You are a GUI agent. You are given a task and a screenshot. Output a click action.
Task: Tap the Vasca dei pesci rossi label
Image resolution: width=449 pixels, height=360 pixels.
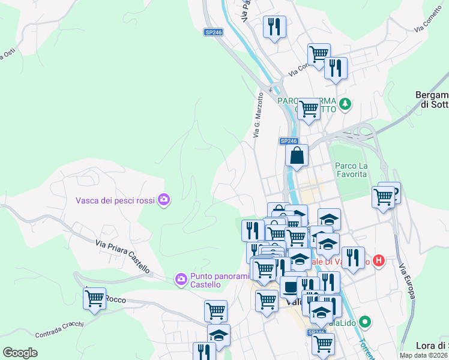click(116, 200)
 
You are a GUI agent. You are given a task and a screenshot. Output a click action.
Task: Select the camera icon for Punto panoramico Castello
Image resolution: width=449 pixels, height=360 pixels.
click(181, 279)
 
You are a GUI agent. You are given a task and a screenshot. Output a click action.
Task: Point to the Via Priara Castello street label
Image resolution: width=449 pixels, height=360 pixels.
click(122, 256)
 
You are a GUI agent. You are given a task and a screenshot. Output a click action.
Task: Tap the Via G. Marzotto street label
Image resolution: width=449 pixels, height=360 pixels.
click(259, 115)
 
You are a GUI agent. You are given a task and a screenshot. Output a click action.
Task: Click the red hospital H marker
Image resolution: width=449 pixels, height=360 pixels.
click(378, 260)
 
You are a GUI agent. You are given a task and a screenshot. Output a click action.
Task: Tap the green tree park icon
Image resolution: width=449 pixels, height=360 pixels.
click(345, 104)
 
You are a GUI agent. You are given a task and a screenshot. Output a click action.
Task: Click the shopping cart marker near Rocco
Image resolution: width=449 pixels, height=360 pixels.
click(94, 298)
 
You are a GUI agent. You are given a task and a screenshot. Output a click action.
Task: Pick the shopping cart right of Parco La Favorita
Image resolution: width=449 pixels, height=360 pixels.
click(382, 196)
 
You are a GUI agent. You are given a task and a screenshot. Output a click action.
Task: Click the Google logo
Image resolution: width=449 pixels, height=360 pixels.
click(20, 353)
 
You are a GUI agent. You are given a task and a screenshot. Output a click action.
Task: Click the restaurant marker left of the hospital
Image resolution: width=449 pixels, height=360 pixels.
click(353, 258)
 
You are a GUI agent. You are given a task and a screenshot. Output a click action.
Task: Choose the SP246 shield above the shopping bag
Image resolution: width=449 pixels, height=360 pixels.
click(288, 141)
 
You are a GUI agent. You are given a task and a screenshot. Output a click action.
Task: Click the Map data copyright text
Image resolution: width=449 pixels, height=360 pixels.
click(423, 355)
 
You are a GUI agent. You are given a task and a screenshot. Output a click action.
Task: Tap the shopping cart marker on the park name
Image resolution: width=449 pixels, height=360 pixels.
click(309, 109)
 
